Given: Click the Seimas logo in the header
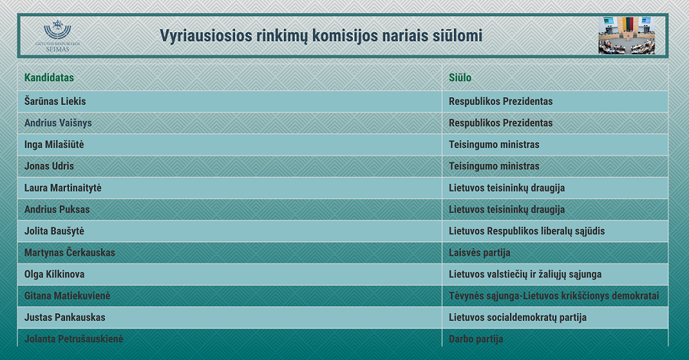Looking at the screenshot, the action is pyautogui.click(x=57, y=36).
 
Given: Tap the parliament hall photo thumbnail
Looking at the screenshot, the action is pyautogui.click(x=626, y=35).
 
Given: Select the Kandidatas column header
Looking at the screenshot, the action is pyautogui.click(x=49, y=78).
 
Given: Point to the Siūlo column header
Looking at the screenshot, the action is pyautogui.click(x=459, y=78).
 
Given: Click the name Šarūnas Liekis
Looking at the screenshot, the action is pyautogui.click(x=55, y=101).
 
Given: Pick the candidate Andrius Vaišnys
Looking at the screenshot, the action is pyautogui.click(x=58, y=123).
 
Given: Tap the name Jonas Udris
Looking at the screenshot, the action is pyautogui.click(x=49, y=166).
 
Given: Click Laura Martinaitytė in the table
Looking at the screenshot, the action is pyautogui.click(x=63, y=188).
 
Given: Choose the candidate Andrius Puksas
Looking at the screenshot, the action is pyautogui.click(x=57, y=209).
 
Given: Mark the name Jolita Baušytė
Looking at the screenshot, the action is pyautogui.click(x=54, y=231).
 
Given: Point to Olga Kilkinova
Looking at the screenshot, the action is pyautogui.click(x=54, y=274).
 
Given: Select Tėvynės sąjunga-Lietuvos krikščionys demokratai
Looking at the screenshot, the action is pyautogui.click(x=553, y=296).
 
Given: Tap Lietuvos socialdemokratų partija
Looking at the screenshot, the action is pyautogui.click(x=518, y=317).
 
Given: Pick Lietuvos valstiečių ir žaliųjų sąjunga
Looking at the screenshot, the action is pyautogui.click(x=525, y=274).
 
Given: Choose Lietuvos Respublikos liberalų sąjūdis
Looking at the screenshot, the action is pyautogui.click(x=527, y=231).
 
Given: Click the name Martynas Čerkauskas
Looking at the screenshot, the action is pyautogui.click(x=70, y=253).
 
